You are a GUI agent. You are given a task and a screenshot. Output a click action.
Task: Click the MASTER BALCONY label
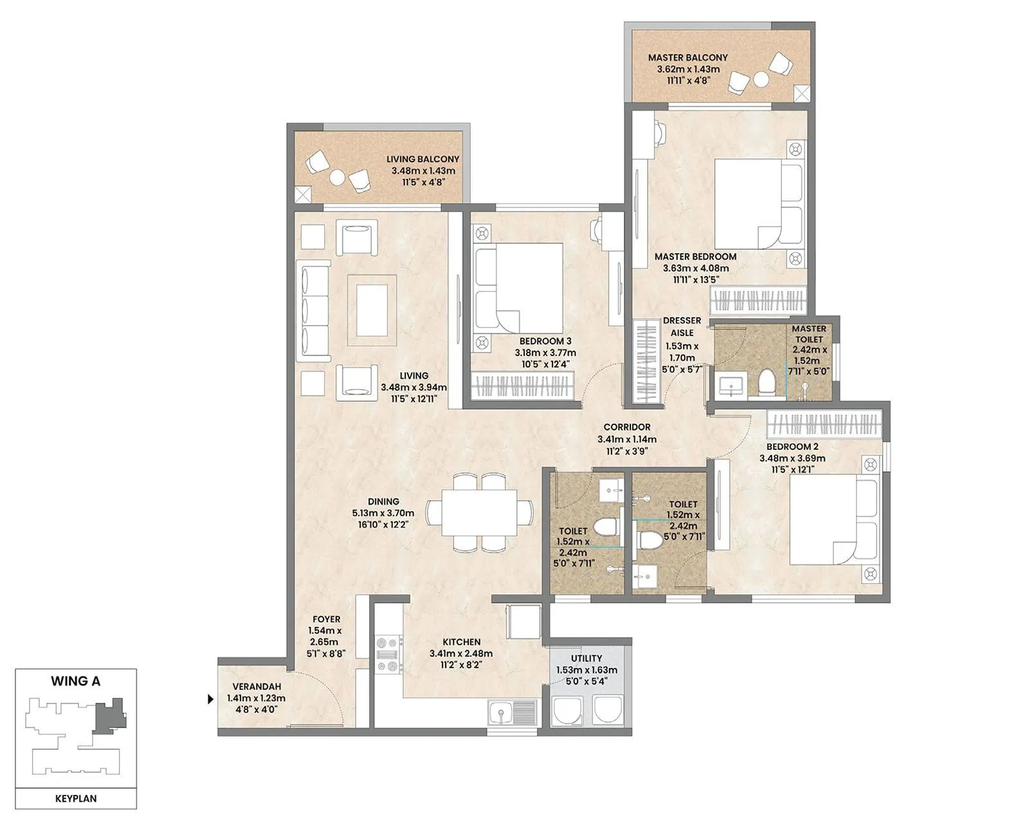click(688, 57)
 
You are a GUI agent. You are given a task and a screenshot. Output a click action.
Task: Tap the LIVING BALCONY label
click(423, 159)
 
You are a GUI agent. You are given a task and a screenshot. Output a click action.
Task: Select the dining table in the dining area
click(479, 513)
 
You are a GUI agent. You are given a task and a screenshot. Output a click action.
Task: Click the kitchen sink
click(512, 713)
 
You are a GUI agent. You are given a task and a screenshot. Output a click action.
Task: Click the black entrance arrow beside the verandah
click(210, 698)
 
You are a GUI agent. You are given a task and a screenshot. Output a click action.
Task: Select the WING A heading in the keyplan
click(76, 681)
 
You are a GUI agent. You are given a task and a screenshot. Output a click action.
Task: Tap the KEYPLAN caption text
click(76, 798)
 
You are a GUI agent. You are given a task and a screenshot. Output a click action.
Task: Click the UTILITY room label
click(587, 658)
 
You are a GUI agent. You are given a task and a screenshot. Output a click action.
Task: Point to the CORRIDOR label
click(626, 427)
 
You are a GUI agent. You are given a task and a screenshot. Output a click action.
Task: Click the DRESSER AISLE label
click(682, 326)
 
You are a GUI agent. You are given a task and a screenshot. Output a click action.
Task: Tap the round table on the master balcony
click(761, 79)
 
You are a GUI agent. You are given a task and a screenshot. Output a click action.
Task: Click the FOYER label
click(326, 619)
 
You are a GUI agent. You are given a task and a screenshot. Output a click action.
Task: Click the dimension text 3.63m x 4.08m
click(695, 268)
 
